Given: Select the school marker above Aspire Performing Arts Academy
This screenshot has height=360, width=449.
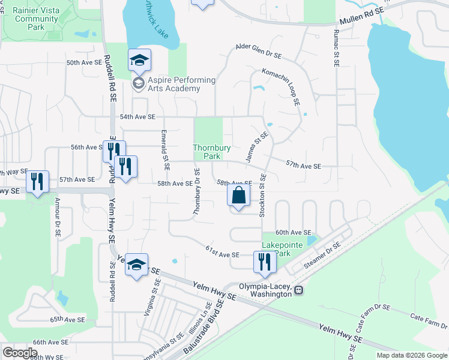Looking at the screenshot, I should click(139, 61).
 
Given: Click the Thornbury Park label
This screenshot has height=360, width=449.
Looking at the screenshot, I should click(207, 152).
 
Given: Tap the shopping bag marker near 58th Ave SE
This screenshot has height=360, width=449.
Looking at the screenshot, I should click(239, 196).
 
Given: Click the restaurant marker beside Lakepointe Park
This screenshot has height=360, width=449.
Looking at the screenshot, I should click(265, 262).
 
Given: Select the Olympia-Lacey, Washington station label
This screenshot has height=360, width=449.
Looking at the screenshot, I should click(266, 290).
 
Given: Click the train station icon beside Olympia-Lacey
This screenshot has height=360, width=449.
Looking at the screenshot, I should click(299, 290).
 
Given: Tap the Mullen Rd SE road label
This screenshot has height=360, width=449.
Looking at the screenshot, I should click(361, 21).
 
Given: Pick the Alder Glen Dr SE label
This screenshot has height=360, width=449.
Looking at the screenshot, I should click(259, 50).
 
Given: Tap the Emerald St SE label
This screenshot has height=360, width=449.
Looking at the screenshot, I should click(163, 149).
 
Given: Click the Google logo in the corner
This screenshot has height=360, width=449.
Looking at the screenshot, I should click(20, 352).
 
